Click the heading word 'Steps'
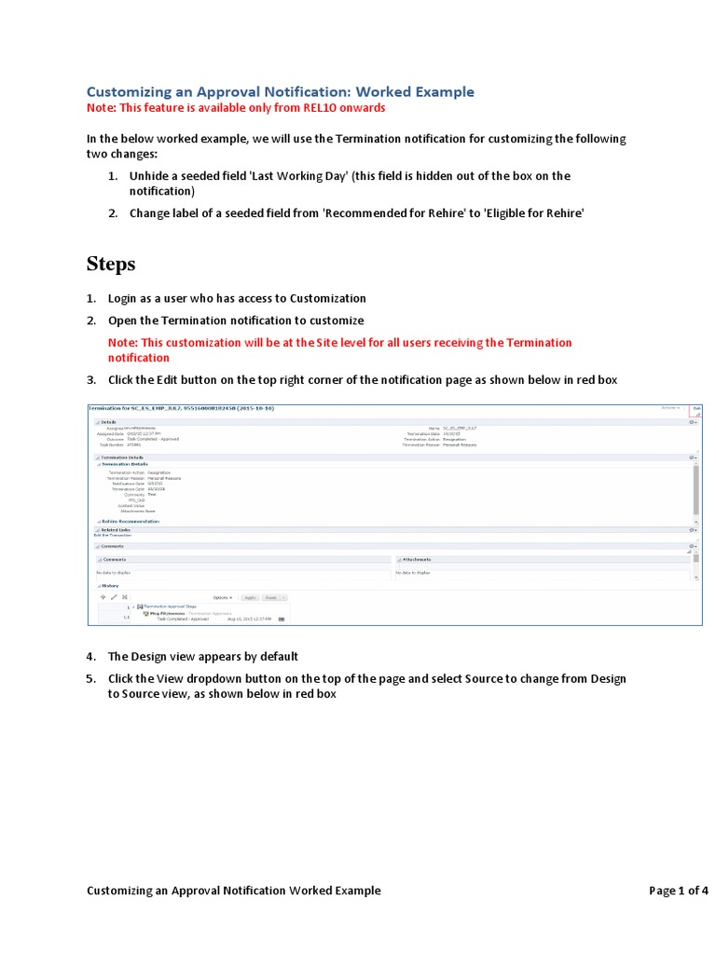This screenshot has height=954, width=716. tap(111, 264)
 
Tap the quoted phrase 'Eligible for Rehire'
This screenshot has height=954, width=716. tap(530, 212)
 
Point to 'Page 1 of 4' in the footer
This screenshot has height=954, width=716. tap(678, 890)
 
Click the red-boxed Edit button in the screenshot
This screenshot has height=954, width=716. tap(695, 408)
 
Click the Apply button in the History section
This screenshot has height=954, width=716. tap(250, 597)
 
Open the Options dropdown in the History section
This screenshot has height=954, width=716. tap(222, 597)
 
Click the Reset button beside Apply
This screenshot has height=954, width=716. tap(272, 597)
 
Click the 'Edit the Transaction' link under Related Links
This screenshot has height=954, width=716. tap(113, 536)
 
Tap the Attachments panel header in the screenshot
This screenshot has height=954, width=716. tap(416, 559)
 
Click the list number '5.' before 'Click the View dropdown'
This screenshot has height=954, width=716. tap(91, 678)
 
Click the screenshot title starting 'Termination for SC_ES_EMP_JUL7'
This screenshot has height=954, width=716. tap(181, 408)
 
